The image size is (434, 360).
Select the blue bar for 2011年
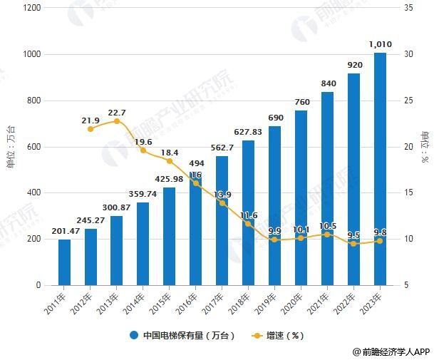coord(64,262)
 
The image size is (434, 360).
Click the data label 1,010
coord(380,45)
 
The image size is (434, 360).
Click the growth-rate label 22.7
coord(117,113)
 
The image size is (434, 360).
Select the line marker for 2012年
coord(91,129)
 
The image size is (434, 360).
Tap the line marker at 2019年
coord(274,240)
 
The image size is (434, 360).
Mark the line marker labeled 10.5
coord(327,234)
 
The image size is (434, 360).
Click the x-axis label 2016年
coord(191,302)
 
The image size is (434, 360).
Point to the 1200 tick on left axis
coord(31,8)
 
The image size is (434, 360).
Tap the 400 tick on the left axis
coord(33,192)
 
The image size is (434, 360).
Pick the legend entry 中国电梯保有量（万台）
coord(182,335)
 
